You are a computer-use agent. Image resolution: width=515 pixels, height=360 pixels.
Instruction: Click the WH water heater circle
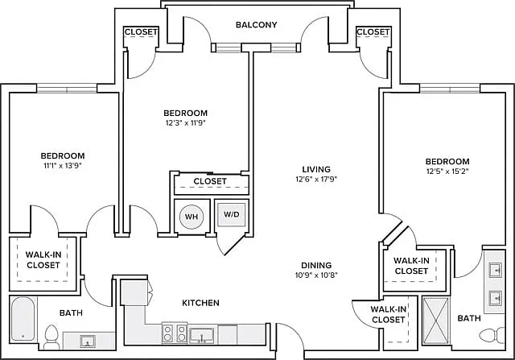tap(192, 217)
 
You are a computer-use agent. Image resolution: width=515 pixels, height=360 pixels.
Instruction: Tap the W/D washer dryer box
tap(232, 215)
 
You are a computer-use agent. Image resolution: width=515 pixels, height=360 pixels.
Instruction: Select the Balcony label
tap(256, 25)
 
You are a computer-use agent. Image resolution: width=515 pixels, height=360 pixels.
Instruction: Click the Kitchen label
tap(200, 303)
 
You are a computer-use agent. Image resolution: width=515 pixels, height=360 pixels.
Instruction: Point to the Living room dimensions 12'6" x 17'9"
tap(316, 179)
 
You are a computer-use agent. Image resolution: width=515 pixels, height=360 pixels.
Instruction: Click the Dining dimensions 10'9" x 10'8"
tap(316, 275)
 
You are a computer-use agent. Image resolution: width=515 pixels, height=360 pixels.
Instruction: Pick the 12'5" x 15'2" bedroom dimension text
tap(447, 172)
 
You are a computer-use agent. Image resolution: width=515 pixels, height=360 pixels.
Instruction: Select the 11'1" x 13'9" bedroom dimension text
tap(63, 165)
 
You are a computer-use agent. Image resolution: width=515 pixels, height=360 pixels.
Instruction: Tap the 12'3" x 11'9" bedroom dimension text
tap(186, 123)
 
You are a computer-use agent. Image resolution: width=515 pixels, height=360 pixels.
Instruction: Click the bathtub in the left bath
tap(23, 319)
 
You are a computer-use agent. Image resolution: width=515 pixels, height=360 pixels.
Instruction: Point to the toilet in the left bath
tap(51, 336)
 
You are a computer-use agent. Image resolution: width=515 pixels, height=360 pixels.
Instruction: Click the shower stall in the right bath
tap(435, 321)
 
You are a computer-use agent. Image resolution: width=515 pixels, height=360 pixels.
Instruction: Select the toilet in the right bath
tap(492, 336)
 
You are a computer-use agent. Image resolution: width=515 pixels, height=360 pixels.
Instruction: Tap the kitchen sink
tap(202, 336)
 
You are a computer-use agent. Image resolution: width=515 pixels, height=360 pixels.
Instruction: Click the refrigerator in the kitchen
tap(134, 292)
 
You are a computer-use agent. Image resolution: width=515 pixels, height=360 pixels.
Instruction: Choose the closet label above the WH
tap(210, 181)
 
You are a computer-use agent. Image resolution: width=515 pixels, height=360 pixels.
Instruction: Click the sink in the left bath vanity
tap(88, 341)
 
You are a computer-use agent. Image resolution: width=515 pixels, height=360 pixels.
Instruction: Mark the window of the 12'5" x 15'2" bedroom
tap(450, 89)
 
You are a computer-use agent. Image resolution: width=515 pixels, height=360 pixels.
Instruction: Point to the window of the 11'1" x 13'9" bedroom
tap(67, 89)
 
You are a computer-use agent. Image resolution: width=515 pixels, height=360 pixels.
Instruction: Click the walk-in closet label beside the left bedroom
tap(43, 259)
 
